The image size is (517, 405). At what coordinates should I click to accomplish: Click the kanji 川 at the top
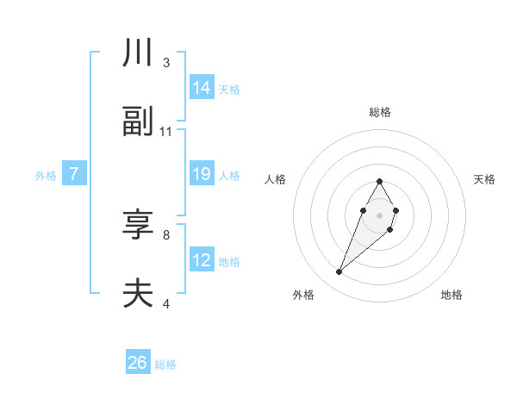138,53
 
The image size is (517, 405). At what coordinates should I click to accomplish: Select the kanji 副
138,122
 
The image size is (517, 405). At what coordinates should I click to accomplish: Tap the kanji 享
138,225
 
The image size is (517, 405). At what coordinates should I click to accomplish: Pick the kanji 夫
138,294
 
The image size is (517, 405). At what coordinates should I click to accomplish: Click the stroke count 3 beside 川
166,63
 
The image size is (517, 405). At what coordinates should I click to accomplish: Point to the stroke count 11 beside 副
166,132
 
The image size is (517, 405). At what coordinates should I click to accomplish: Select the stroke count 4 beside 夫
166,303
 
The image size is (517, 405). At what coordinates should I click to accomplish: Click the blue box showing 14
202,87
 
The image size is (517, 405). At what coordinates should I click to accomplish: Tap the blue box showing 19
202,174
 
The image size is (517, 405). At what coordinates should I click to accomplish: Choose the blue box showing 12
202,260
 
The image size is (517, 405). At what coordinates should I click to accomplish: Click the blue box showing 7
74,174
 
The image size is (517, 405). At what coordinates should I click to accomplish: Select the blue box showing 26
138,363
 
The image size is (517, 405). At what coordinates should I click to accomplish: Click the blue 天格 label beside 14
229,89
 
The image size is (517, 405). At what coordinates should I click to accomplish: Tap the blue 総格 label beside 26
165,364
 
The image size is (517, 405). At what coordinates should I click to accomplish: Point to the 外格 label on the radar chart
303,295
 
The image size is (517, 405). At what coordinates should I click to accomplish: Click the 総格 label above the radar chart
380,112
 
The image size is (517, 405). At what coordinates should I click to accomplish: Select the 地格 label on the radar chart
452,295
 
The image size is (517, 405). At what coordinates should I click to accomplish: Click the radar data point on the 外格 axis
339,271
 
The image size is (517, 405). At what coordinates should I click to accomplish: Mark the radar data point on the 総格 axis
379,181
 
